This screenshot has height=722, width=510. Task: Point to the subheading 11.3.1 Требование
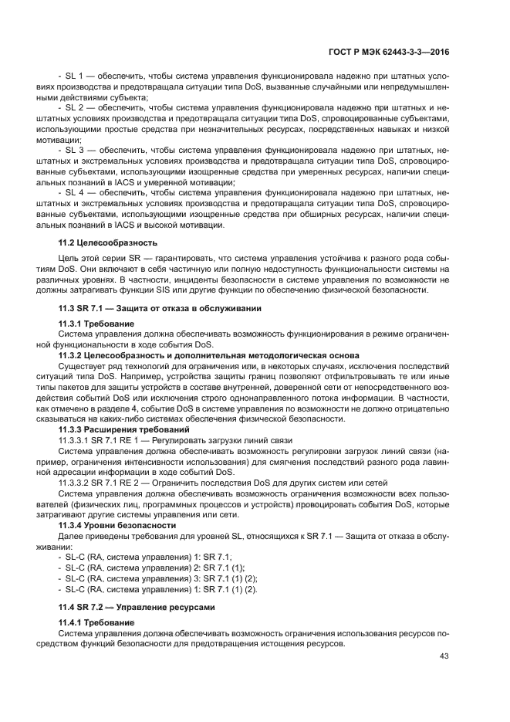coord(96,323)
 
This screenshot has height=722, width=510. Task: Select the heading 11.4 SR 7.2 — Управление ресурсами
coord(140,607)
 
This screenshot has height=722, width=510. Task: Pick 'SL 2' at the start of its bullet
coord(76,108)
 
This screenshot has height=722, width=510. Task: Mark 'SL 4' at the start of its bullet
coord(76,189)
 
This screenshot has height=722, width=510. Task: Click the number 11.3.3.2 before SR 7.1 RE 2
coord(80,482)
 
